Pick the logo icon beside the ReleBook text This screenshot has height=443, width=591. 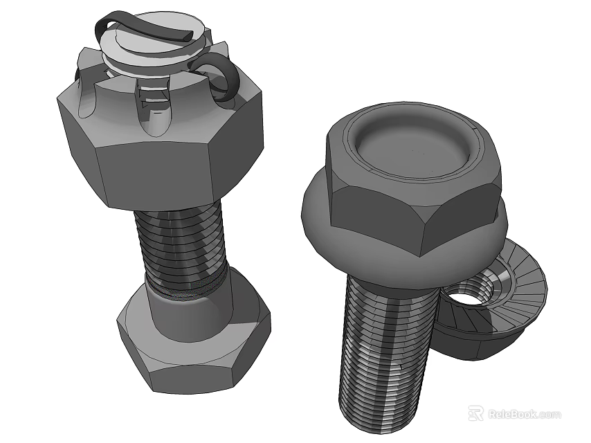point(475,413)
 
